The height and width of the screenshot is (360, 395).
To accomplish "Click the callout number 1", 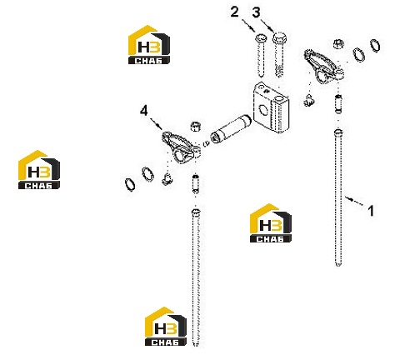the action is [x=371, y=211].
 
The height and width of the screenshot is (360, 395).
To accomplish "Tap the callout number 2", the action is [x=235, y=12].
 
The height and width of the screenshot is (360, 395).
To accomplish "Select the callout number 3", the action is [x=256, y=12].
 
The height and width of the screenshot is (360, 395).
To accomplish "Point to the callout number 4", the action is [x=144, y=111].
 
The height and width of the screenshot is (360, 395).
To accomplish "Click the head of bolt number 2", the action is [x=260, y=37].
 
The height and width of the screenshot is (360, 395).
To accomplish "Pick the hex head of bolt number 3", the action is [x=279, y=37].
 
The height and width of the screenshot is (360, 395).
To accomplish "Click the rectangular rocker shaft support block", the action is [x=271, y=107].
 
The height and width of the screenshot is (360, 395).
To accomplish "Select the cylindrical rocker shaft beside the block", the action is [x=231, y=128].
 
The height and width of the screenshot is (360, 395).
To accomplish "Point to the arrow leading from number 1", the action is [x=354, y=200].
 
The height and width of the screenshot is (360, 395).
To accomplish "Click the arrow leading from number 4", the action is [x=157, y=123].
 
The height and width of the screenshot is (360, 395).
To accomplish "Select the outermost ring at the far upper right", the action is [x=375, y=46].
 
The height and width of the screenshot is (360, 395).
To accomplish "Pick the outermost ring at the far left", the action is [x=130, y=185].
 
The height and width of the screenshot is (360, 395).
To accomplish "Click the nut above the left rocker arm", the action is [x=196, y=126].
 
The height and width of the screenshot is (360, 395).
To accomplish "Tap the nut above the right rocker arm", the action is [x=338, y=43].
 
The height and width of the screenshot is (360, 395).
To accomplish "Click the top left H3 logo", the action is [x=149, y=45].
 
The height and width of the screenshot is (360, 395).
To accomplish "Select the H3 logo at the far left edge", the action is [x=39, y=170].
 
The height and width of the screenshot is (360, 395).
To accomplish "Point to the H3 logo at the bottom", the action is [x=166, y=326].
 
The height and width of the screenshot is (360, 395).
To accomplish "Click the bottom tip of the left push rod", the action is [x=196, y=346].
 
